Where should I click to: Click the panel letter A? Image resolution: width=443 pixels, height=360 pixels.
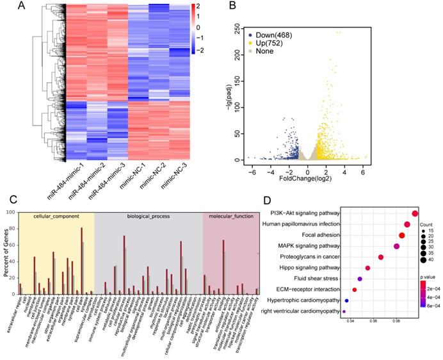(x=22, y=7)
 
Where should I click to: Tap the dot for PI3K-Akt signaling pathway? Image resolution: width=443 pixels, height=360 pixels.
(x=415, y=214)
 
